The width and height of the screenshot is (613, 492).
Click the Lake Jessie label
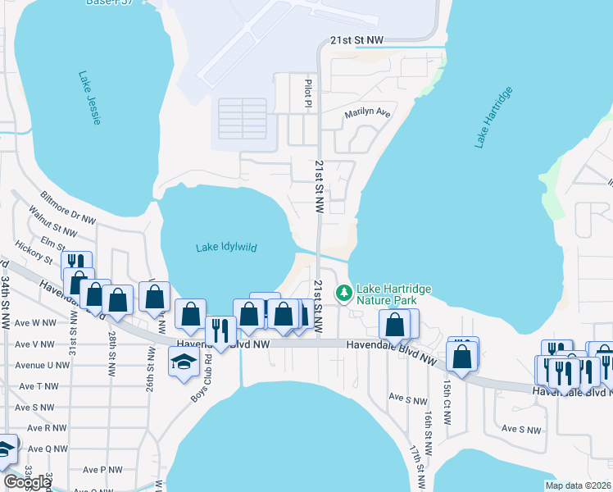coord(90,98)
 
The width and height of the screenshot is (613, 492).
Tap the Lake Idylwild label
coord(225,248)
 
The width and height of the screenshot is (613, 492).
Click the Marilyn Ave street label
coord(367,113)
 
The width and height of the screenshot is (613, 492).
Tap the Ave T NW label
coord(42,386)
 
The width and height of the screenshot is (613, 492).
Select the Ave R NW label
coord(47,428)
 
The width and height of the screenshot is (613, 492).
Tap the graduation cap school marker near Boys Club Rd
coord(183,362)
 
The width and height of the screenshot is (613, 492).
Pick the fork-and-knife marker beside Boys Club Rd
coord(220,330)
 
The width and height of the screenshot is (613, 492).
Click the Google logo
coord(27,482)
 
